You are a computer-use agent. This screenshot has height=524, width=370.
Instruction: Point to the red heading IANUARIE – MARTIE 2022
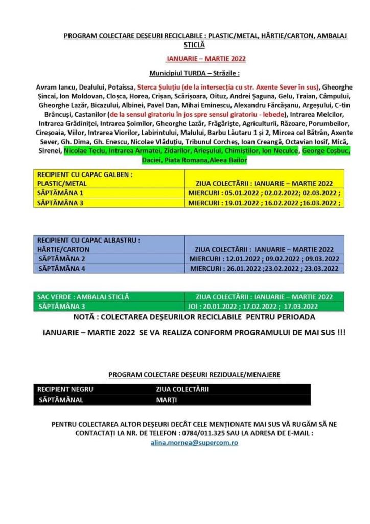pyautogui.click(x=206, y=59)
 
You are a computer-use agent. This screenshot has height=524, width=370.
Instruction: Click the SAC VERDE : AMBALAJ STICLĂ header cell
pyautogui.click(x=83, y=297)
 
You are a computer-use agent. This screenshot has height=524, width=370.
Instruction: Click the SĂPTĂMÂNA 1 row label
pyautogui.click(x=60, y=193)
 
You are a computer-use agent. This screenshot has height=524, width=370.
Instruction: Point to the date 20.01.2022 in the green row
pyautogui.click(x=223, y=306)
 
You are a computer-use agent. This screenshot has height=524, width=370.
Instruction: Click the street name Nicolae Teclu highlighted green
pyautogui.click(x=84, y=151)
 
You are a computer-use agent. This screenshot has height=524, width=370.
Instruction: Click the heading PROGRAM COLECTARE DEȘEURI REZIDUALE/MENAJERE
pyautogui.click(x=194, y=375)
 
